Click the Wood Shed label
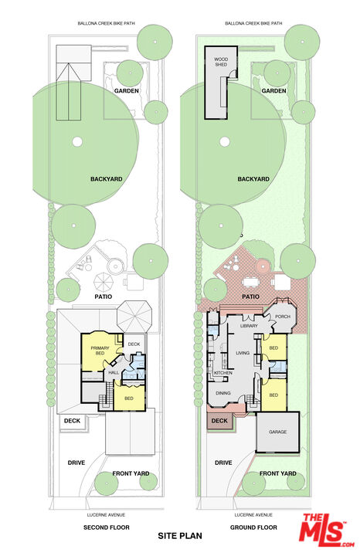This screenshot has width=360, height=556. coord(221,62)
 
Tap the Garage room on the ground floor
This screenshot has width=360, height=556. coord(277,432)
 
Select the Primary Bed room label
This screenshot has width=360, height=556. coord(100,351)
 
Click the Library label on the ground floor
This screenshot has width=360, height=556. coord(249,326)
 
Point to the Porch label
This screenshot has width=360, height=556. coord(283,317)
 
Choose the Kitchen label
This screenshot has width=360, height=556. coord(223,373)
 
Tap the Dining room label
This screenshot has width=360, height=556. coord(223,393)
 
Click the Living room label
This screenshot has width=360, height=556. coord(243,353)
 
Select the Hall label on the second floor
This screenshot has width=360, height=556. coord(114,373)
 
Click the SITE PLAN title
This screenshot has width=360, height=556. coord(180,535)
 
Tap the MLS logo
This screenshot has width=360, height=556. coord(327,531)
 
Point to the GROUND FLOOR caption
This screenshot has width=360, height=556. coord(253,527)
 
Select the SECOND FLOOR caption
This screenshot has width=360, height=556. coord(107,527)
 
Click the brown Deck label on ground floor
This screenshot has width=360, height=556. coord(219,421)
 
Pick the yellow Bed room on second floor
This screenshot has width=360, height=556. coord(129,398)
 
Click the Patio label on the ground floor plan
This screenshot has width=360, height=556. coord(250,297)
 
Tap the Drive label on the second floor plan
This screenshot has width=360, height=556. coord(76,463)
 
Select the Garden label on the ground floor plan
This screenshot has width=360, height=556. coord(273,91)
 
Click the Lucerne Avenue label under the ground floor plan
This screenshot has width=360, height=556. coord(253,515)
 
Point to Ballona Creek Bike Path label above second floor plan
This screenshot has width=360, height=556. coord(107,23)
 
